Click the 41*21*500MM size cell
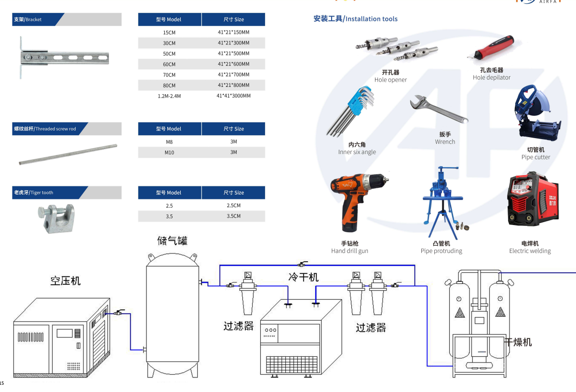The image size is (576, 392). click(x=233, y=54)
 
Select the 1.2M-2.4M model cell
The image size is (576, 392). click(x=169, y=96)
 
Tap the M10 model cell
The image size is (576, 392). click(x=169, y=153)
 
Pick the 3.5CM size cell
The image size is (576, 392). click(x=233, y=216)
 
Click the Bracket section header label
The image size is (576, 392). click(x=28, y=20)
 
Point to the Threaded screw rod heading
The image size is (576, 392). click(x=45, y=129)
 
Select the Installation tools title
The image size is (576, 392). click(x=355, y=19)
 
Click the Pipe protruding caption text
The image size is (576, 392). click(x=441, y=251)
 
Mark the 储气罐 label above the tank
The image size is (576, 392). click(x=172, y=240)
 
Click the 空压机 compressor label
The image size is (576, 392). click(x=66, y=280)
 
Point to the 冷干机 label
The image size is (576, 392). click(x=303, y=277)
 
